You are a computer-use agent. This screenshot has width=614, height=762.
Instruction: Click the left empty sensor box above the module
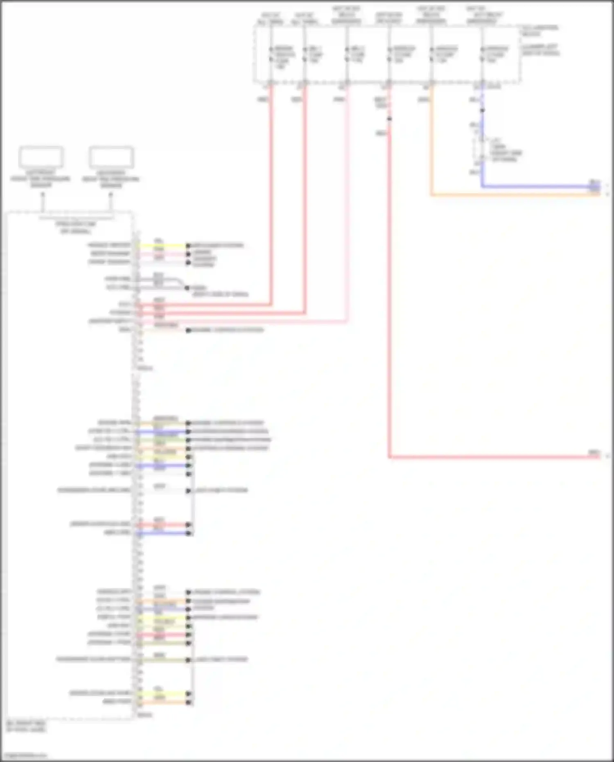point(41,157)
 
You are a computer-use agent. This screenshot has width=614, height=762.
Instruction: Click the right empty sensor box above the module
point(111,157)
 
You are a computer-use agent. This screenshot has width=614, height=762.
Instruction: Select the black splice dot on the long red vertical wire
point(389,119)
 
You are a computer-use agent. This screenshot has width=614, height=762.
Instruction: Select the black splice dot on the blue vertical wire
point(482,110)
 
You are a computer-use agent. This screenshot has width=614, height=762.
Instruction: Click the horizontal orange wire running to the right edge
point(512,195)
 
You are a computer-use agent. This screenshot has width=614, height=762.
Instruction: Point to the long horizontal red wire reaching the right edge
point(491,457)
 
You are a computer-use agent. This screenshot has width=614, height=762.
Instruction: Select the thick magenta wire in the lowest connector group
point(164,635)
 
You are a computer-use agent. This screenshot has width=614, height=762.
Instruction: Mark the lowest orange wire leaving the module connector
point(164,703)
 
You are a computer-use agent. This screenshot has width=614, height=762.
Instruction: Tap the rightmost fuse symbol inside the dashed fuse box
point(482,54)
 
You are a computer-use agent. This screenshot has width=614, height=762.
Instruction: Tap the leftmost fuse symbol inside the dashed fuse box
point(271,54)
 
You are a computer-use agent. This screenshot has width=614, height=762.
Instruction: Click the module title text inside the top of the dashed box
point(76,227)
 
